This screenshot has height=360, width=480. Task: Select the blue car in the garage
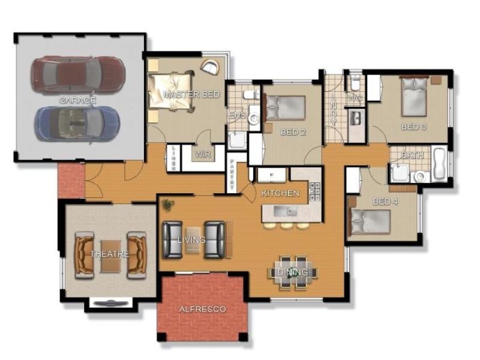pyautogui.click(x=77, y=123)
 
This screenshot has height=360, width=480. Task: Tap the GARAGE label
pyautogui.click(x=77, y=100)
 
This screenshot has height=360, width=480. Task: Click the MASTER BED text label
pyautogui.click(x=191, y=95)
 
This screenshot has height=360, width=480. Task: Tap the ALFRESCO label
pyautogui.click(x=203, y=309)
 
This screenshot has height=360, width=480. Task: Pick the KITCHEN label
pyautogui.click(x=280, y=193)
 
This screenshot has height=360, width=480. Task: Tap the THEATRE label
pyautogui.click(x=110, y=254)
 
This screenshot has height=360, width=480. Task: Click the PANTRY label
pyautogui.click(x=232, y=175)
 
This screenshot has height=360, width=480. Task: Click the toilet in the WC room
pyautogui.click(x=355, y=82)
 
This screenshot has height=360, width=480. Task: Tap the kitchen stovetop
pyautogui.click(x=314, y=191)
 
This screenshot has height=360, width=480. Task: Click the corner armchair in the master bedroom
pyautogui.click(x=210, y=67)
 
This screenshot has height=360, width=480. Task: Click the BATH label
pyautogui.click(x=412, y=155)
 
